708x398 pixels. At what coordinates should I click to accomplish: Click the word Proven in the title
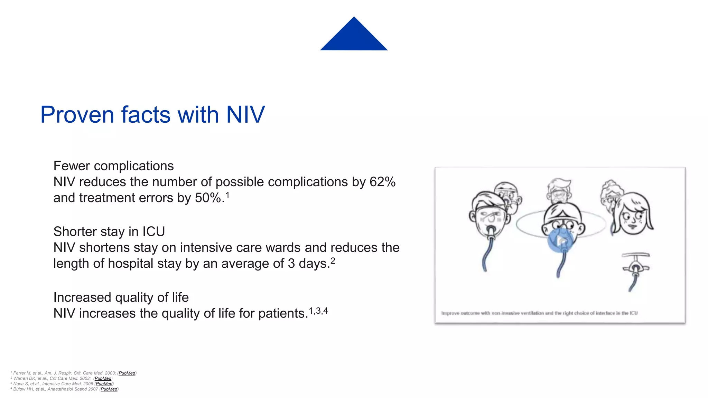(x=77, y=115)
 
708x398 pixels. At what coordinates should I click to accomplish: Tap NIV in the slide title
(x=245, y=115)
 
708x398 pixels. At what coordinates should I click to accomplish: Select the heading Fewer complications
(x=113, y=166)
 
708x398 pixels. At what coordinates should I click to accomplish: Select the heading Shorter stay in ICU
(x=109, y=232)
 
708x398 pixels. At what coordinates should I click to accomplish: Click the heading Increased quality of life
(x=121, y=297)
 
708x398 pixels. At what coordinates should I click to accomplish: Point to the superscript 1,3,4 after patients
(x=318, y=311)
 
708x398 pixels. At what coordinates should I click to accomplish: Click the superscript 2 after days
(x=333, y=260)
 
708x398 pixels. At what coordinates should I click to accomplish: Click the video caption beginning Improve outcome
(x=539, y=313)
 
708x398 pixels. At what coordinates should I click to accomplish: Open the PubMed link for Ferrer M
(x=127, y=373)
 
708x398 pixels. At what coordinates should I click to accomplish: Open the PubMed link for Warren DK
(x=103, y=379)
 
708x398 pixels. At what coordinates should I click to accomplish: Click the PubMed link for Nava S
(x=104, y=384)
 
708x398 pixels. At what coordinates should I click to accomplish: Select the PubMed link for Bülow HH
(x=109, y=389)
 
